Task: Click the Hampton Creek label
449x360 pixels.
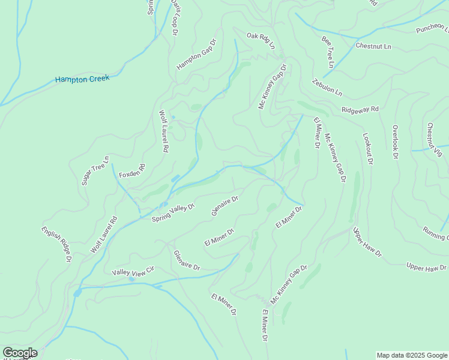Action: click(82, 79)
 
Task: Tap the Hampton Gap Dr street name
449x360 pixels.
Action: click(196, 56)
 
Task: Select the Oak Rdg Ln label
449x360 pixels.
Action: click(261, 41)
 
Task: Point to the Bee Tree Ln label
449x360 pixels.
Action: click(328, 52)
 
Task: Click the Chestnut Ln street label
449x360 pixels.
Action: click(373, 46)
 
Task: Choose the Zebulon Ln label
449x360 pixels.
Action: click(327, 88)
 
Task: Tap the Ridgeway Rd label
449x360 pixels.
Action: click(360, 110)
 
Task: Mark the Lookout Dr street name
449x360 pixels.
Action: click(368, 149)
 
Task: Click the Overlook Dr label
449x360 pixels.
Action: click(395, 142)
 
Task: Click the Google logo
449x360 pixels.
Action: click(20, 353)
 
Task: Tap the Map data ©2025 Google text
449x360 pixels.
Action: click(412, 355)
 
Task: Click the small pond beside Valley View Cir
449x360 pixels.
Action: click(131, 279)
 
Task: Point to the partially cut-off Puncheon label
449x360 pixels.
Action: click(432, 28)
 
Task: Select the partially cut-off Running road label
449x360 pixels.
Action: click(435, 233)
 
